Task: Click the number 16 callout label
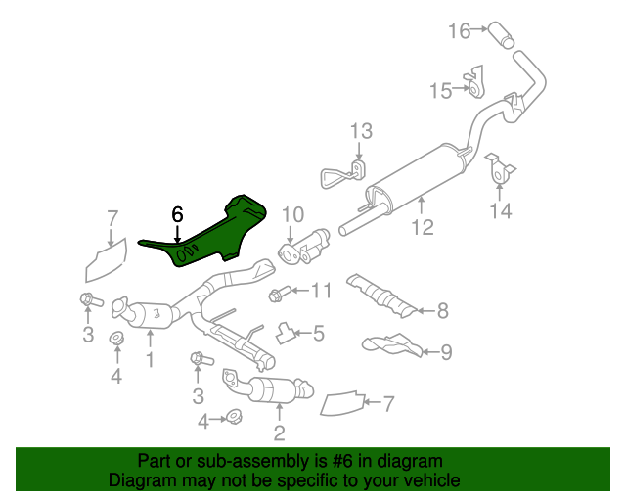tap(460, 31)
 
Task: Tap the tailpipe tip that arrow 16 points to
tap(506, 37)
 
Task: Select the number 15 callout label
tap(441, 91)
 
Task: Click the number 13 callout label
tap(361, 131)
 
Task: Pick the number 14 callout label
tap(501, 210)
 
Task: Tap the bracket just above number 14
tap(501, 170)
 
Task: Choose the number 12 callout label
tap(422, 230)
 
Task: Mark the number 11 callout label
tap(322, 290)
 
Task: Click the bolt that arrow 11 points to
tap(277, 292)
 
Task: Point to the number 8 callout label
tap(442, 312)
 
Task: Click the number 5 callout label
tap(319, 334)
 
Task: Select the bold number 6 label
tap(177, 214)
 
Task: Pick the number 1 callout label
tap(150, 360)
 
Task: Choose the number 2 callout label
tap(279, 433)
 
